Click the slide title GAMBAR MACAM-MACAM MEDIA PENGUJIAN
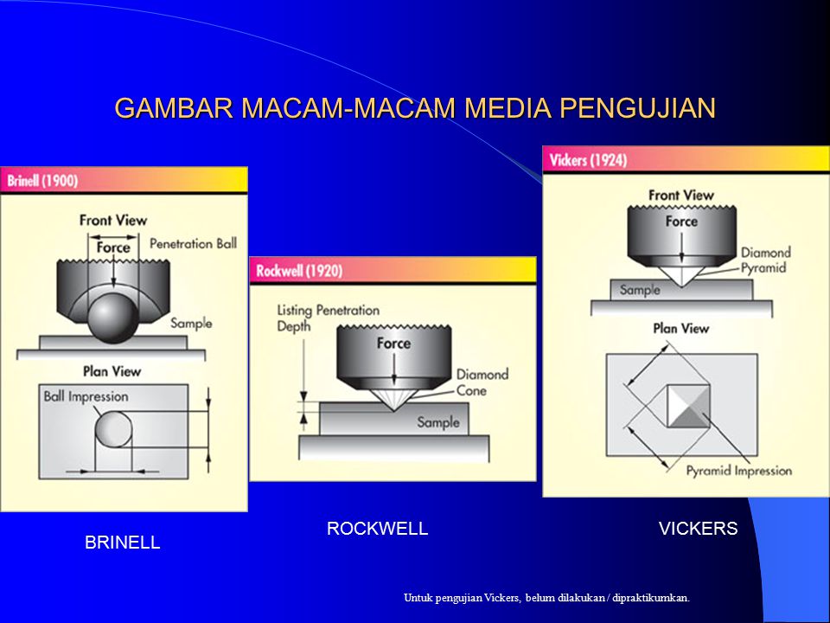click(x=415, y=108)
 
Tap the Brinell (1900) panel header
click(x=124, y=180)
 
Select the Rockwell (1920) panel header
click(x=393, y=271)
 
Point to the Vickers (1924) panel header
click(x=686, y=159)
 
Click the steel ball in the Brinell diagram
click(x=113, y=318)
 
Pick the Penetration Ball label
click(x=193, y=244)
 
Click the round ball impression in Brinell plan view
click(x=114, y=430)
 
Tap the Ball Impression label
click(x=86, y=396)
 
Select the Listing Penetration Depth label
click(x=329, y=318)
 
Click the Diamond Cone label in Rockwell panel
click(x=482, y=382)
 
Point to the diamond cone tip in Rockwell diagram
click(x=393, y=410)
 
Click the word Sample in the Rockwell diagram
click(x=438, y=422)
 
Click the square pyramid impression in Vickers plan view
click(x=688, y=406)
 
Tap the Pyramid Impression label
click(x=739, y=471)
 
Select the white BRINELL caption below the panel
click(x=122, y=543)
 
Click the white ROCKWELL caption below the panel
click(x=378, y=528)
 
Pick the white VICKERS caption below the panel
click(x=699, y=528)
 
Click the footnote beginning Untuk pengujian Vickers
click(x=546, y=598)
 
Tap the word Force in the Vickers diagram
click(x=681, y=222)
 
